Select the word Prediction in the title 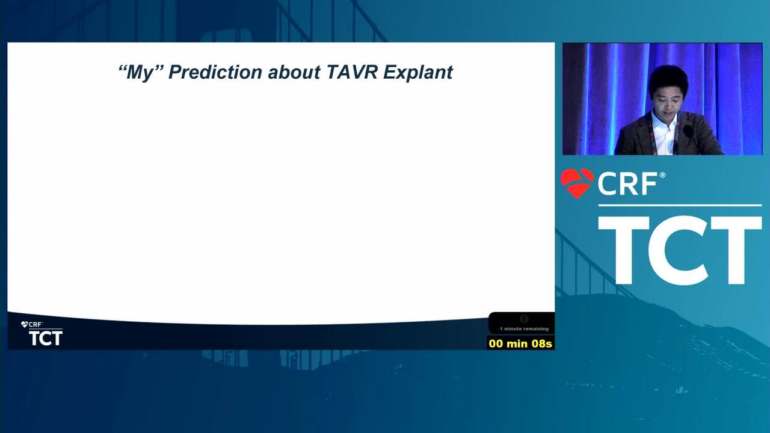215,72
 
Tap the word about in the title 294,72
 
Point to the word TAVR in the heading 352,72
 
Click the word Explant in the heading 417,73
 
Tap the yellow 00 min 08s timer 520,343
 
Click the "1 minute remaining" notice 524,329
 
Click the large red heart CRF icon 577,183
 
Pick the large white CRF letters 627,184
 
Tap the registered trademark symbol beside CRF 662,175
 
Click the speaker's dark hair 668,78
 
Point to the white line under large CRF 680,206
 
